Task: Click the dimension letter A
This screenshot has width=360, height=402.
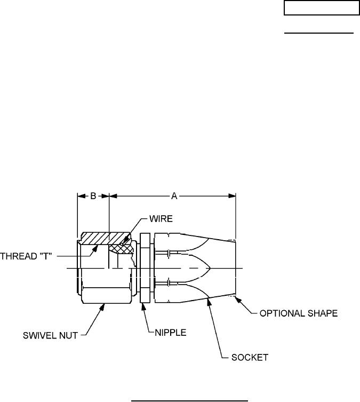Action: (174, 196)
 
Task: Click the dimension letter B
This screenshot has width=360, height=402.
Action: (93, 196)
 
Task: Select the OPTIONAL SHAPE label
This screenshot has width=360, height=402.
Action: (298, 314)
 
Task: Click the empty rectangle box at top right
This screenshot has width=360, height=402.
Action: (321, 8)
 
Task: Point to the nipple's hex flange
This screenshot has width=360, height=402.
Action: (145, 267)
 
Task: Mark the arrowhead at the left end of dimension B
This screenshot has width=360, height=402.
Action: (81, 196)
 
